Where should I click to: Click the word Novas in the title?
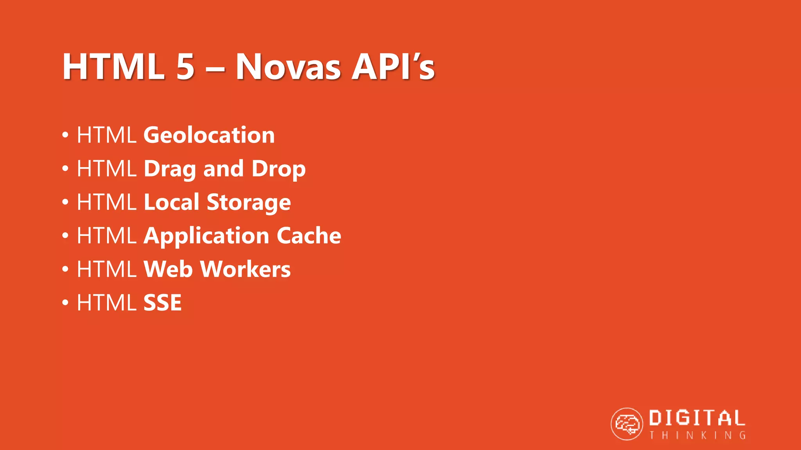(288, 67)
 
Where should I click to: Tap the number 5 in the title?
(185, 67)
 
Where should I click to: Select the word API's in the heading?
(393, 67)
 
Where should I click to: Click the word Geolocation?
(209, 135)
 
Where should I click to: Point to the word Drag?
(170, 169)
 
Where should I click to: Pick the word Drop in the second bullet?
(278, 169)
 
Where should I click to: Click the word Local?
(172, 202)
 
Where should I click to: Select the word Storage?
(249, 203)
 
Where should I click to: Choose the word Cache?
(309, 236)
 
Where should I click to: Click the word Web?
(168, 269)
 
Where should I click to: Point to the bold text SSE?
(163, 303)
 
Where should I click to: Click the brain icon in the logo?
(627, 424)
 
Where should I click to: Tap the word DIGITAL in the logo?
(697, 418)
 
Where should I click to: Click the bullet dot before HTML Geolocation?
(65, 135)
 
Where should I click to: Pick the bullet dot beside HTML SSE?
(65, 303)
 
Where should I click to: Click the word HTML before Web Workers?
(106, 269)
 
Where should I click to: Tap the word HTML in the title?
(113, 67)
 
